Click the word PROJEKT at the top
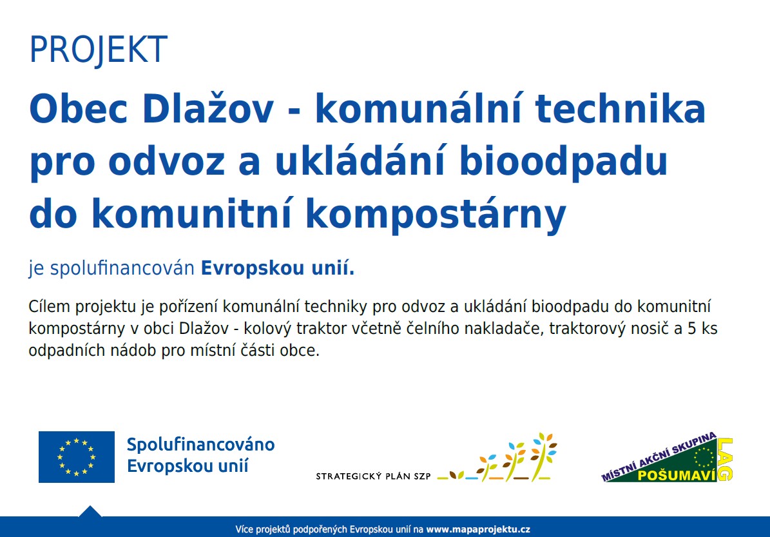pyautogui.click(x=98, y=50)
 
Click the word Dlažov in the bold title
pyautogui.click(x=207, y=108)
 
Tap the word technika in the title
pyautogui.click(x=621, y=108)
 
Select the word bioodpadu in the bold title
pyautogui.click(x=563, y=162)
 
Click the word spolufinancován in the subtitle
pyautogui.click(x=122, y=269)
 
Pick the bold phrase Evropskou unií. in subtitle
pyautogui.click(x=278, y=268)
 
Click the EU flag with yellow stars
pyautogui.click(x=77, y=457)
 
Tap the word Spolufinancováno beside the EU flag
pyautogui.click(x=201, y=445)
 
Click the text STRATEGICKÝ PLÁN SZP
pyautogui.click(x=373, y=476)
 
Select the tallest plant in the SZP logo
pyautogui.click(x=544, y=456)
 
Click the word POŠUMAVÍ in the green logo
pyautogui.click(x=676, y=475)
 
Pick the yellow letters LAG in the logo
pyautogui.click(x=726, y=460)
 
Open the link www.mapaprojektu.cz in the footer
pyautogui.click(x=478, y=530)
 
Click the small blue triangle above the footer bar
pyautogui.click(x=90, y=511)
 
